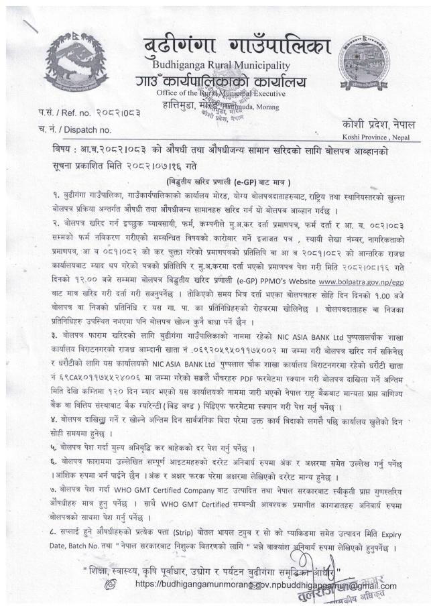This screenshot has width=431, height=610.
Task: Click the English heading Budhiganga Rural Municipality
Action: click(221, 65)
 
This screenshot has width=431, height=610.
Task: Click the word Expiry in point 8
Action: click(402, 534)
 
